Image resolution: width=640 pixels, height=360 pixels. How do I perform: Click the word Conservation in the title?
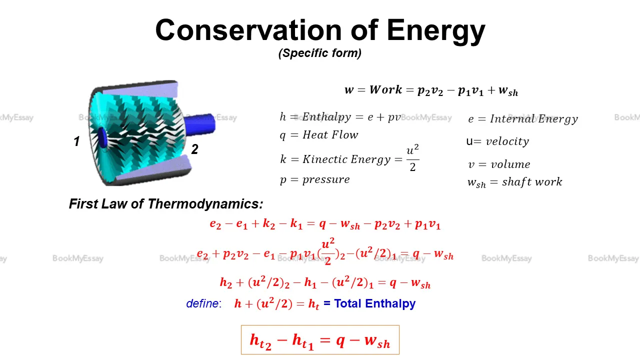(x=248, y=30)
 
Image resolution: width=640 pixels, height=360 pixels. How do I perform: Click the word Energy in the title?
(x=436, y=32)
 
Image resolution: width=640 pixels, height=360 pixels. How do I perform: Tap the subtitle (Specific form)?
(x=320, y=53)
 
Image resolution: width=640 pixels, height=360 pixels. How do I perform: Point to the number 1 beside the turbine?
(x=76, y=141)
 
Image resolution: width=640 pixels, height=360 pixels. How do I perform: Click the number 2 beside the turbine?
(x=195, y=149)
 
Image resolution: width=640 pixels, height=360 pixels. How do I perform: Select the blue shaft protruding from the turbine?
(x=200, y=123)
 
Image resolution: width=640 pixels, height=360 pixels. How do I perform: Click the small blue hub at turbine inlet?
(x=102, y=137)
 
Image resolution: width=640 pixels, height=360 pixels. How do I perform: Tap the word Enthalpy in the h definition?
(x=326, y=117)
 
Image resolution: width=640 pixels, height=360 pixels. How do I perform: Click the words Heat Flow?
(x=330, y=135)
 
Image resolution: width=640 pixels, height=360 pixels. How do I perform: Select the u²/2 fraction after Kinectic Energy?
(x=412, y=157)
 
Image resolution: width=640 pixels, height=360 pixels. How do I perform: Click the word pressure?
(x=326, y=180)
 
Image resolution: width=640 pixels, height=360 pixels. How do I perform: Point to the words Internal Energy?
(x=534, y=119)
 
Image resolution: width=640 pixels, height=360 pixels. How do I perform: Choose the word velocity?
(x=507, y=141)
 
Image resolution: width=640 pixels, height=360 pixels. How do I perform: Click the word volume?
(x=510, y=164)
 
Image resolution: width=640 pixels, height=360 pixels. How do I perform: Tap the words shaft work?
(x=532, y=182)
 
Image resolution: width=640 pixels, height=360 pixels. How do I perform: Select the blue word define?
(x=203, y=303)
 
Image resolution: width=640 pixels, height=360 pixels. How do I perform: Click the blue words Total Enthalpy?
(x=375, y=303)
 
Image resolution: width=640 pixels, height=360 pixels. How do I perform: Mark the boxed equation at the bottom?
(x=320, y=339)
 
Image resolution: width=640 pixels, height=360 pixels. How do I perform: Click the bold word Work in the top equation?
(x=385, y=89)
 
